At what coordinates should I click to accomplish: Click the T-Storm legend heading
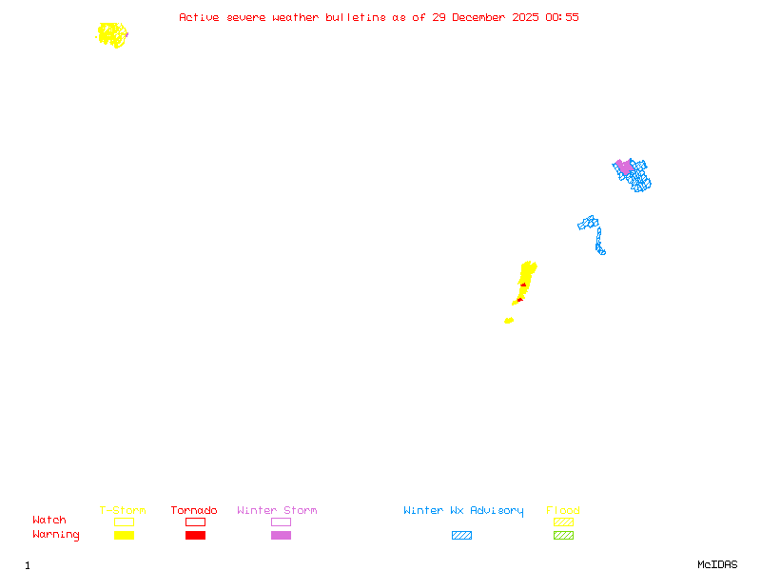(x=123, y=511)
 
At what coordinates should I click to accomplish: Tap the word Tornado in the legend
(x=194, y=511)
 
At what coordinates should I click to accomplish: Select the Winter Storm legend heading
(x=277, y=511)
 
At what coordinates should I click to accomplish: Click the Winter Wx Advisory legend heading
(x=463, y=511)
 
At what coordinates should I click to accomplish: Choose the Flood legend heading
(x=563, y=511)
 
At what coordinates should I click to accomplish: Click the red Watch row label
(x=49, y=521)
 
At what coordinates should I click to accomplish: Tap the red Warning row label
(x=56, y=535)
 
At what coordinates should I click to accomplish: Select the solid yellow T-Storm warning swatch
(x=124, y=536)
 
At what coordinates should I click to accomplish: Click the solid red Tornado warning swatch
(x=195, y=536)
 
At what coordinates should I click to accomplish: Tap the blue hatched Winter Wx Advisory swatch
(x=461, y=536)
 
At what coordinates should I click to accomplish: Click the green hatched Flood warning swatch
(x=563, y=536)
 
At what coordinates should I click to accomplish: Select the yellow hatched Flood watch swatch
(x=563, y=522)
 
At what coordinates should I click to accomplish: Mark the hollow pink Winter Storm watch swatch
(x=281, y=522)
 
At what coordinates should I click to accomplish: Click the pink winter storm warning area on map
(x=625, y=167)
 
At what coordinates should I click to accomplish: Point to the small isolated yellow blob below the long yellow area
(x=509, y=321)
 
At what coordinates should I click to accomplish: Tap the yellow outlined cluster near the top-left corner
(x=112, y=35)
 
